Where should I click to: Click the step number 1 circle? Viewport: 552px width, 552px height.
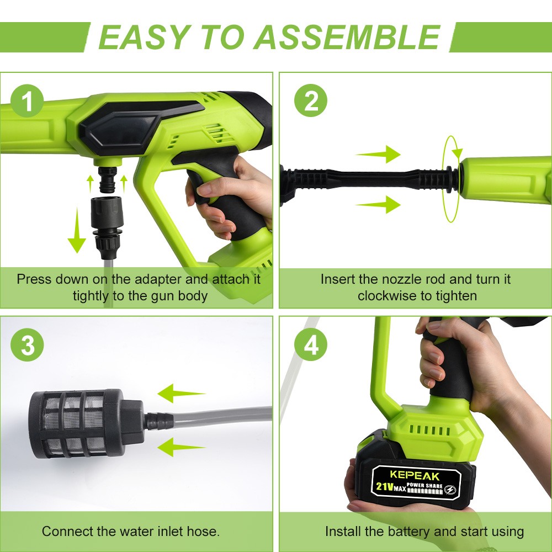26,102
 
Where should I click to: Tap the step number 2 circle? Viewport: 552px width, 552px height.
310,102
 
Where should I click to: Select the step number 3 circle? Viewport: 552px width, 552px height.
26,347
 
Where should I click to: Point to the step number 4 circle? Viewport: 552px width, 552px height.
310,347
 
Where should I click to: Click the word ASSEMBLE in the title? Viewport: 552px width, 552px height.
347,37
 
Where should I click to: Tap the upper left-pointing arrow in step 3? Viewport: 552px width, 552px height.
181,394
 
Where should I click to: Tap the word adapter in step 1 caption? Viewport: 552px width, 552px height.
165,279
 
